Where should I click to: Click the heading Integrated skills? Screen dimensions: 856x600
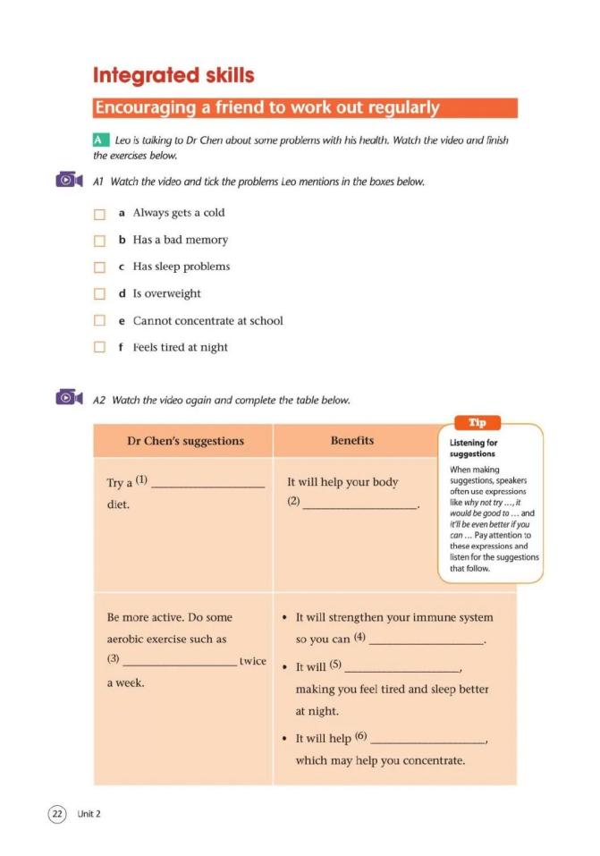pos(173,75)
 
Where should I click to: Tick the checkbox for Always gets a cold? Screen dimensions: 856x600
pos(100,214)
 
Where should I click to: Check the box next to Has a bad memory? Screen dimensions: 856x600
pos(100,241)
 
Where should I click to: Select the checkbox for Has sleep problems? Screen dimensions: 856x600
pos(100,267)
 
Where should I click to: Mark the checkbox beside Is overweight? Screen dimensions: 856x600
pos(100,294)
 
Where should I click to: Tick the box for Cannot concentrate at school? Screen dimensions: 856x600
pos(100,321)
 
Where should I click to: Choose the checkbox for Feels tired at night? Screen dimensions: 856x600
pos(100,348)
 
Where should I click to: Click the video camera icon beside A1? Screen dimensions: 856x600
pos(69,181)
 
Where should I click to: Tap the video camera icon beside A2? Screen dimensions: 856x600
pos(69,398)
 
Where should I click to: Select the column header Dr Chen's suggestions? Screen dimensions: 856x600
pos(185,441)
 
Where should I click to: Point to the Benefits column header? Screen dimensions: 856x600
pos(352,440)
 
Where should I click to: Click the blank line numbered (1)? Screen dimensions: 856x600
pos(208,486)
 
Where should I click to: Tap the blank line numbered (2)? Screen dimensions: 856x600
pos(360,505)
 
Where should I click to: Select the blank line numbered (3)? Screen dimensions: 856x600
pos(180,665)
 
